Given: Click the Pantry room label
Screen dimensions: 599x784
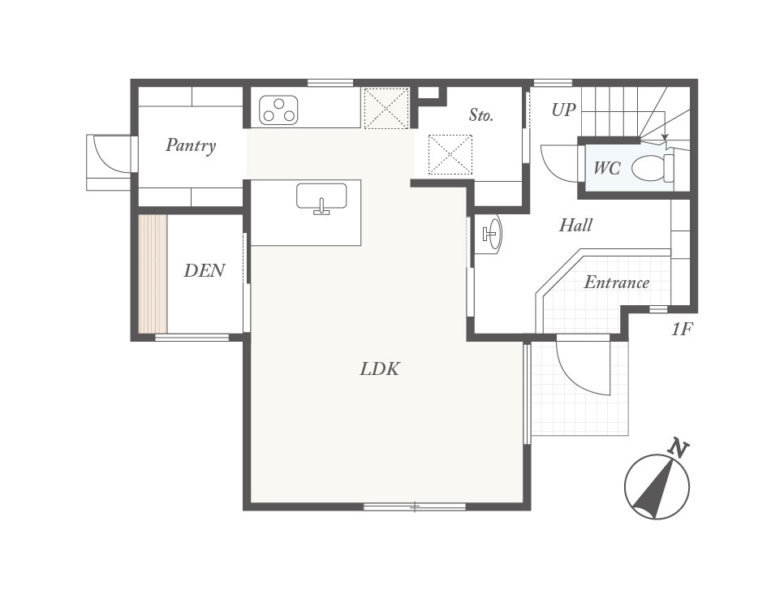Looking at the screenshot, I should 191,146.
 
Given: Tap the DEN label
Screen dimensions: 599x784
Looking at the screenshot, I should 204,271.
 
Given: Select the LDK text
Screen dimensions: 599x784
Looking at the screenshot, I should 380,369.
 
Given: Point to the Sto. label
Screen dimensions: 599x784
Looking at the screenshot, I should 480,115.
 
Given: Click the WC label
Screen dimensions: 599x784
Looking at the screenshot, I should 606,169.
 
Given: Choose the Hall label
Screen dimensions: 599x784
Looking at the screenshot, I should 575,226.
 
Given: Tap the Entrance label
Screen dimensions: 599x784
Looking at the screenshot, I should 616,282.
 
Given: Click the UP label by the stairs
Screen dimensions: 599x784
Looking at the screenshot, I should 564,110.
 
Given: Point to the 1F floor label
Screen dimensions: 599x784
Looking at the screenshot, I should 681,330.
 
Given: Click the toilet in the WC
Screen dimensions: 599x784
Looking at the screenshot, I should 650,168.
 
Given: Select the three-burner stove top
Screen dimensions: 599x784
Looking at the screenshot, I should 278,110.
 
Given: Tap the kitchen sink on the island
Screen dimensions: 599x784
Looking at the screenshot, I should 321,197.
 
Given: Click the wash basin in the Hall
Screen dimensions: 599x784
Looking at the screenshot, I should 490,235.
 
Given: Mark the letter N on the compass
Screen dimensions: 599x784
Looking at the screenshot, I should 678,447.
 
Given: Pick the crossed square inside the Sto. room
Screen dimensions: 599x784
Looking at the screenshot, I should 450,154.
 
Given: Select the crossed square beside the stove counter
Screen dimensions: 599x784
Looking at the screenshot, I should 386,108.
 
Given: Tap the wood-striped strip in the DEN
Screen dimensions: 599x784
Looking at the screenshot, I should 153,274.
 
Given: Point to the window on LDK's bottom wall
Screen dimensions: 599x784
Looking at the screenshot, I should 414,506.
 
